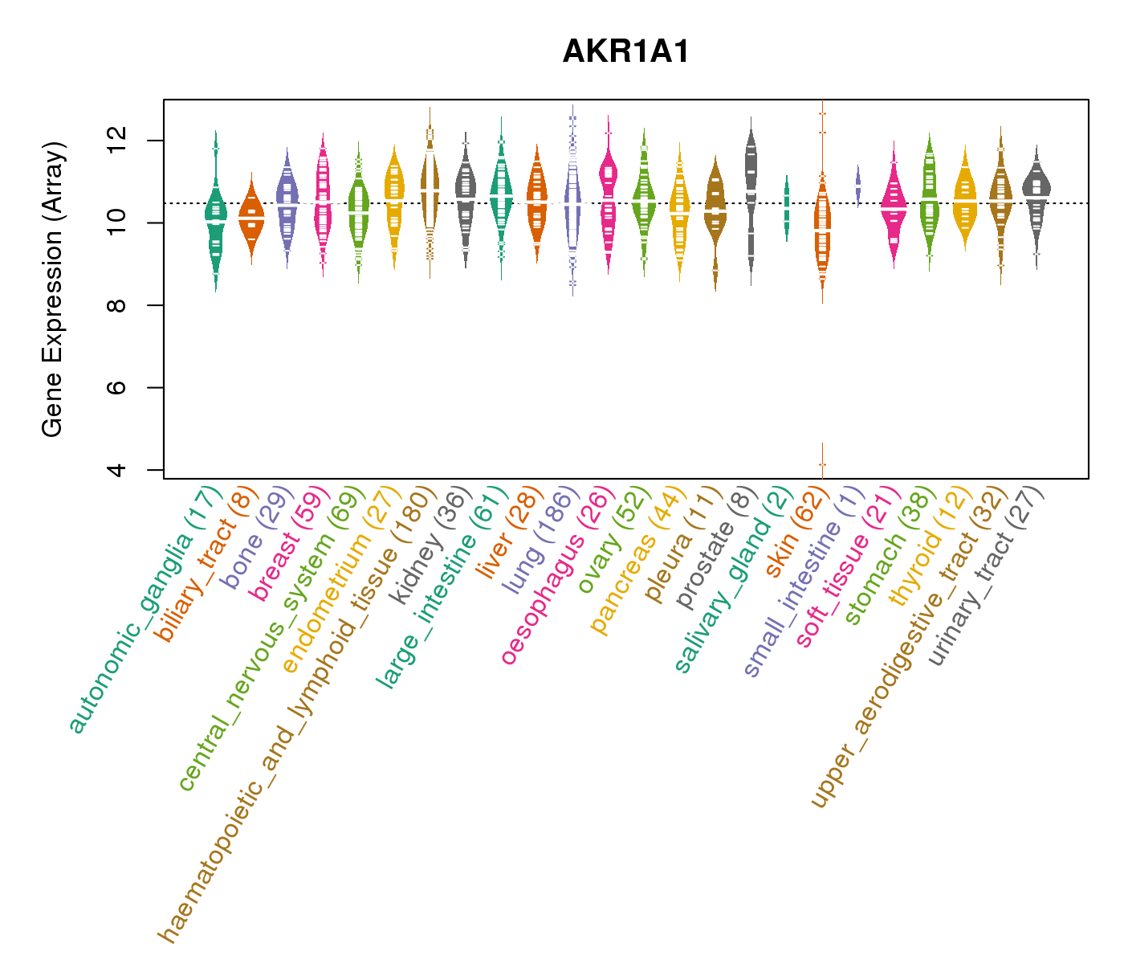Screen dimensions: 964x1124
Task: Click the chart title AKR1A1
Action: click(626, 52)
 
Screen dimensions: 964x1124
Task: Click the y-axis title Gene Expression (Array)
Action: click(53, 290)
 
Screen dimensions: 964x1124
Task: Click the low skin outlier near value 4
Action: click(822, 464)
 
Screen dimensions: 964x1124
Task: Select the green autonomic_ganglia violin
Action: click(215, 217)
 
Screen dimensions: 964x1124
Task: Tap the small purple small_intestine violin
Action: click(858, 185)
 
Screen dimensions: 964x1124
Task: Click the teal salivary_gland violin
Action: click(787, 209)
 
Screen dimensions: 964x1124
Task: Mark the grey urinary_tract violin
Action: click(1036, 197)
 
